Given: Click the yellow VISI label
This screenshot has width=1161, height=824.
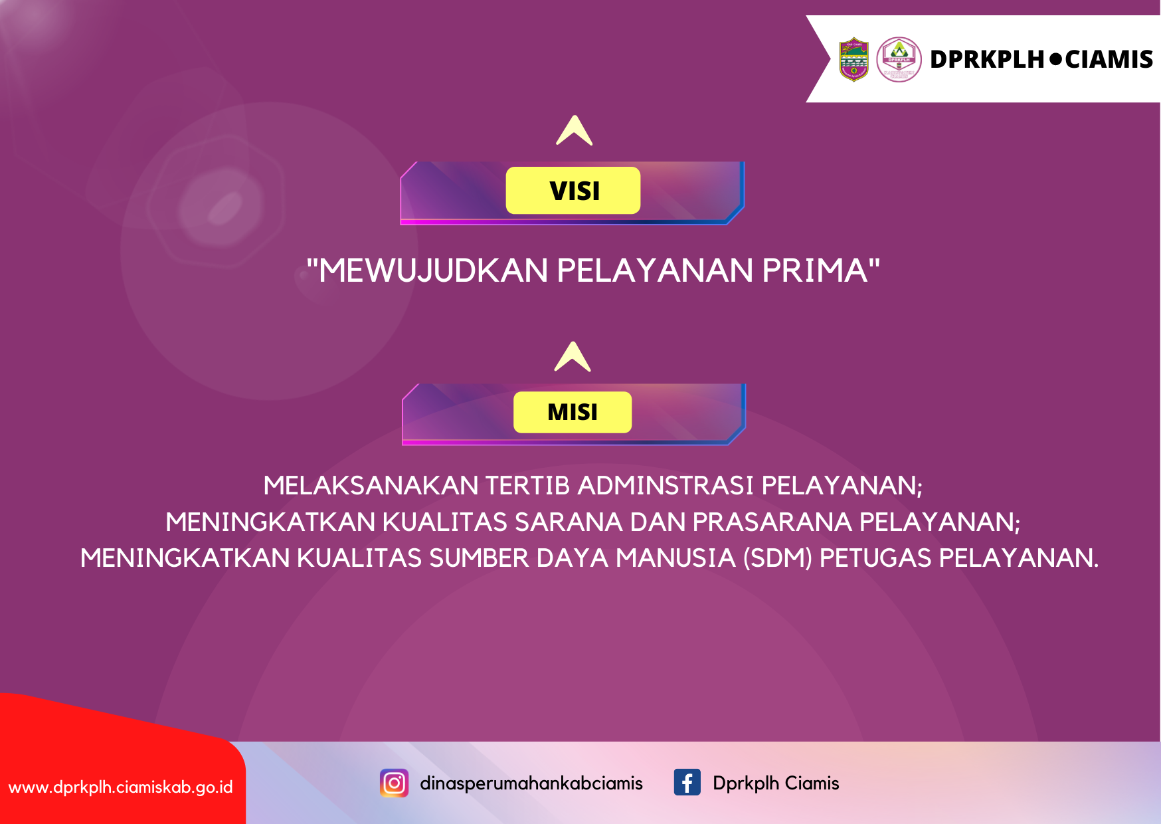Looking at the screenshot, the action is (573, 191).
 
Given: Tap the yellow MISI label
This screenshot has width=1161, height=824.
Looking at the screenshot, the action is (573, 412).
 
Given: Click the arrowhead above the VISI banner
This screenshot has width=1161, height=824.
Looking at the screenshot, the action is (575, 130).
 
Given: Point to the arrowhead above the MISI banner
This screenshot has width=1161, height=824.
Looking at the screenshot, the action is (573, 357).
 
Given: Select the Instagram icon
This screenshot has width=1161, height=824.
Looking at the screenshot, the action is (394, 783).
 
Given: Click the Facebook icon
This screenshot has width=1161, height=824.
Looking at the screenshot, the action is (687, 782).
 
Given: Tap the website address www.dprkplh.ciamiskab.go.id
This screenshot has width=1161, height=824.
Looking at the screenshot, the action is (121, 787).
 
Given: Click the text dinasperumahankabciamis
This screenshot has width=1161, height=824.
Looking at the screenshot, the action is (531, 783).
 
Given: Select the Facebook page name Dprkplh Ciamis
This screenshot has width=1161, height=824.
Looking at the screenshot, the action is (776, 783).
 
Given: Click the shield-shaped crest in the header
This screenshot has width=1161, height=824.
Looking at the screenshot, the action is (854, 59).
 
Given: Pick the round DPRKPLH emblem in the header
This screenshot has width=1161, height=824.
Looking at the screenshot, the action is (899, 59).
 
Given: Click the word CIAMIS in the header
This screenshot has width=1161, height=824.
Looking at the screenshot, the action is (1109, 59).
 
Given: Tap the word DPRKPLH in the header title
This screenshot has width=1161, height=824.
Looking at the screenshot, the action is (987, 59).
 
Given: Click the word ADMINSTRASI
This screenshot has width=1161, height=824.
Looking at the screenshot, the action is (666, 486).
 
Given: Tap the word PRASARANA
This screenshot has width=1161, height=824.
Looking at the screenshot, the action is (772, 522).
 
